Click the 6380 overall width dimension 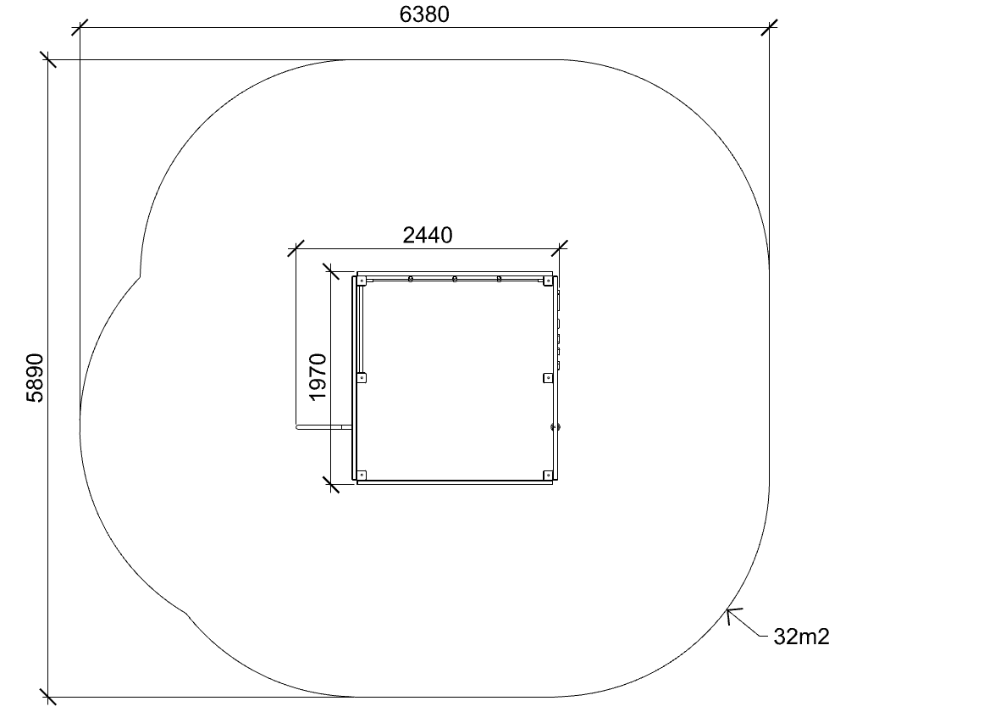(x=424, y=14)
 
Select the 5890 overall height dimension (x=35, y=378)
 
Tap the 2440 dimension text (x=428, y=236)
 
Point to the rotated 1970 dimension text (x=318, y=377)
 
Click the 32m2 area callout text (x=801, y=637)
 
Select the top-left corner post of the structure (x=362, y=281)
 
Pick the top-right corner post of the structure (x=547, y=281)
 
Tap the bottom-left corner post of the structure (x=362, y=476)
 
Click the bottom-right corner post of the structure (x=547, y=476)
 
